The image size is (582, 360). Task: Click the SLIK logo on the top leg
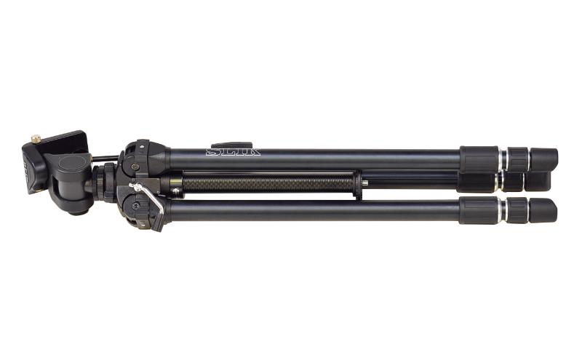pos(233,152)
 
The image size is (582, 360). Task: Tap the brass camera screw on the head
pos(36,139)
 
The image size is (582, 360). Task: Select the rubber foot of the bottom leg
pos(543,210)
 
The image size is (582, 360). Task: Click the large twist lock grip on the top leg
pos(479,159)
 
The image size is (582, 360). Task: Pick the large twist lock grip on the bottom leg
pos(479,210)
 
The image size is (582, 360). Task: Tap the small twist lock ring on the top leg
pos(518,159)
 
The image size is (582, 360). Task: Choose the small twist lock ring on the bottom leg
pos(517,210)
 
